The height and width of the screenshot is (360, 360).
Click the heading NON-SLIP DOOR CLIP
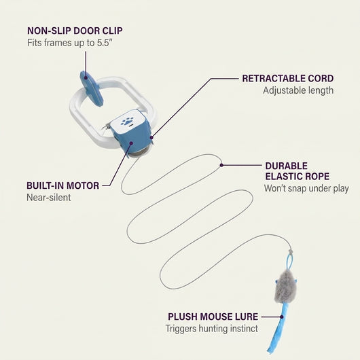pos(75,31)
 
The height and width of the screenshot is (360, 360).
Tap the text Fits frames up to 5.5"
pos(70,43)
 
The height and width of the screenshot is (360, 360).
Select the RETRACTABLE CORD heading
pos(288,79)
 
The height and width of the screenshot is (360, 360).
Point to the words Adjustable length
pos(298,90)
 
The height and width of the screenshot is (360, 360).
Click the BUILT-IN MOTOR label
pos(63,185)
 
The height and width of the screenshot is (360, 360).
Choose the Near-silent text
pos(49,198)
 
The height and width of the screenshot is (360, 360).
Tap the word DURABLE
pos(286,166)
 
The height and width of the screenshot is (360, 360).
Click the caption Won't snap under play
pos(306,189)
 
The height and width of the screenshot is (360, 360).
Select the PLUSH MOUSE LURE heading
pos(213,317)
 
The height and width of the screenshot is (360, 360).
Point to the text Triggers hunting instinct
pos(212,329)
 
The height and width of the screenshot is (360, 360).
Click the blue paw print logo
pos(127,121)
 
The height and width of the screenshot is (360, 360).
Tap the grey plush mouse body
pos(285,287)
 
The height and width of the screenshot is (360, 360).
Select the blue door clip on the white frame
pos(92,89)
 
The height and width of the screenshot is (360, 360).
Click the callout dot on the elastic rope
pos(221,165)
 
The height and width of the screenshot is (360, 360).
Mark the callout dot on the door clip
pos(86,78)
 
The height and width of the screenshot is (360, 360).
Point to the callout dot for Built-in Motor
pos(131,143)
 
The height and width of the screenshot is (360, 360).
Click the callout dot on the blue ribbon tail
pos(282,317)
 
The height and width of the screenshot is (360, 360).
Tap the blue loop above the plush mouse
pos(290,262)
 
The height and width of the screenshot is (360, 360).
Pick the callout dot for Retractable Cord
pos(151,137)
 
